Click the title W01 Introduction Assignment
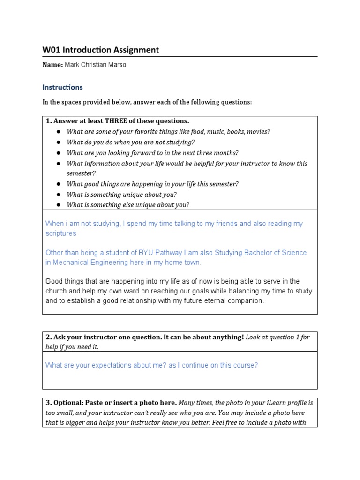tap(100, 50)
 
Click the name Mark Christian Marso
tap(98, 65)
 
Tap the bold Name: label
tap(52, 65)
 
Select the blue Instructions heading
tap(62, 87)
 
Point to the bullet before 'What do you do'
tap(59, 142)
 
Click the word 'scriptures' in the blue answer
tap(60, 233)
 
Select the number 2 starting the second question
tap(48, 337)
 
